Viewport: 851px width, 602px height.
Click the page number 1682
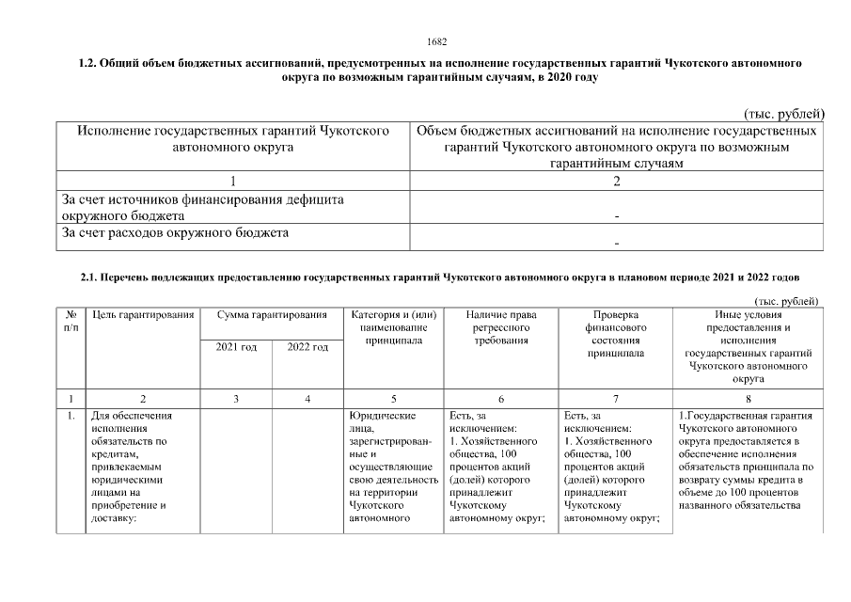(436, 41)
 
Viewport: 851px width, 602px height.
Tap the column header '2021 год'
(236, 348)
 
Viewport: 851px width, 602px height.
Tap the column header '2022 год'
(307, 348)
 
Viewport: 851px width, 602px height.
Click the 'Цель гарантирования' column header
(143, 314)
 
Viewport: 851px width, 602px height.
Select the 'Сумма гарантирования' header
(272, 314)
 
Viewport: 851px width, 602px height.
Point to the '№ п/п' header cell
(71, 320)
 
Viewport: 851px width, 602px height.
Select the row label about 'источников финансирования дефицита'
(201, 207)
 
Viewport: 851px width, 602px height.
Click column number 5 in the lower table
(393, 399)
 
